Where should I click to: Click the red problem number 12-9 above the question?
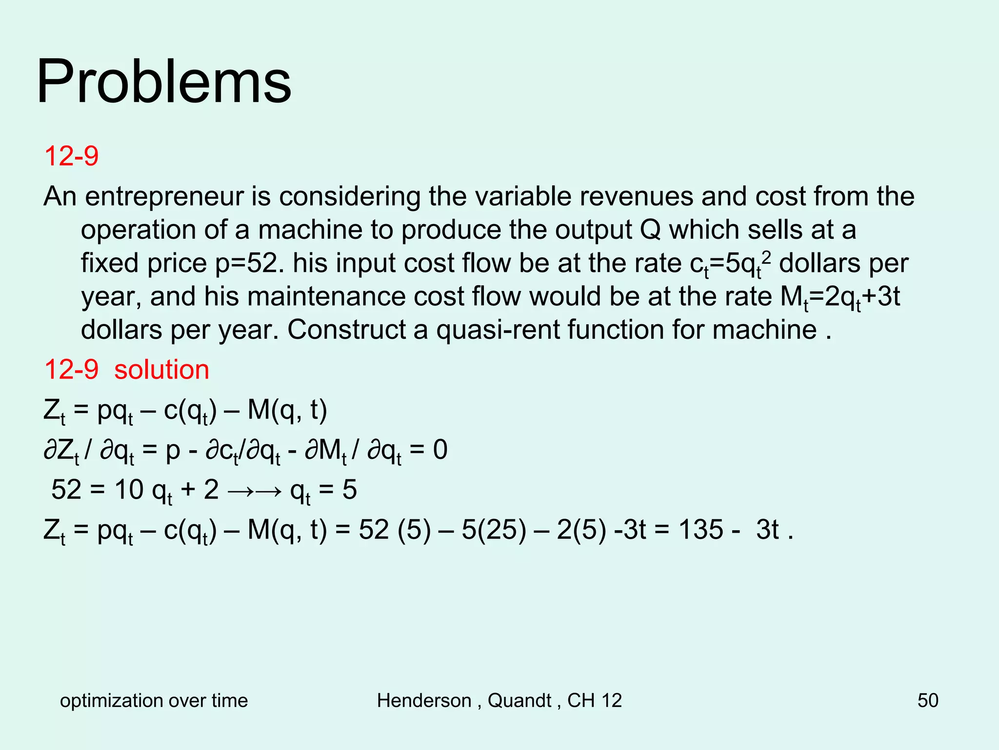point(71,156)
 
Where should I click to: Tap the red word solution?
point(161,370)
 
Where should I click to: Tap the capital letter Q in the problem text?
point(650,230)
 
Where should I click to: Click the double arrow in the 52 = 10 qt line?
point(254,490)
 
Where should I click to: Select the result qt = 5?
point(323,490)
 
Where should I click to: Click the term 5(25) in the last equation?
point(494,530)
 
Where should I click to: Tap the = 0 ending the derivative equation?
point(429,450)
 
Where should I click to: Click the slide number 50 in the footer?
point(928,700)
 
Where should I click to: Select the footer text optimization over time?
point(154,700)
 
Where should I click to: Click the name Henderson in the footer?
point(424,700)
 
